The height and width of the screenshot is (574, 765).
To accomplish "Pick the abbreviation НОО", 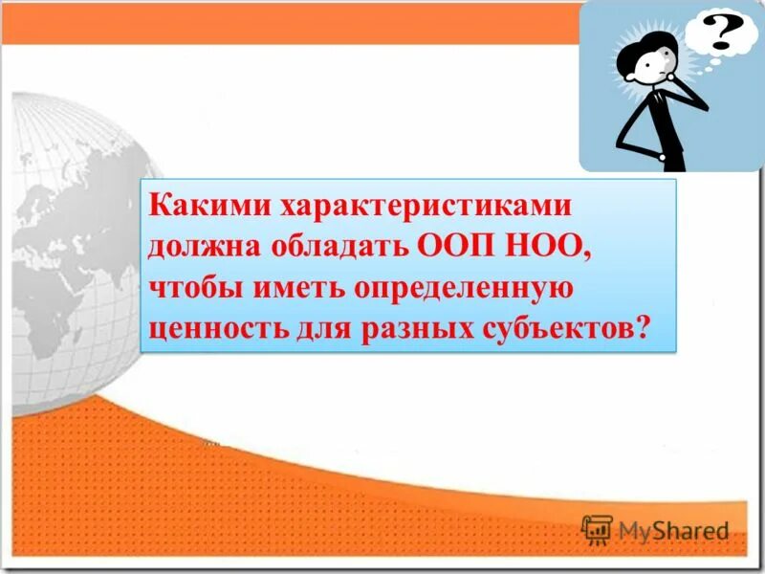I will [544, 247].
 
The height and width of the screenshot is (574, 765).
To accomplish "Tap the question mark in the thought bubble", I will [726, 34].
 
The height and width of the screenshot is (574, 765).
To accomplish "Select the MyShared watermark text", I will [673, 530].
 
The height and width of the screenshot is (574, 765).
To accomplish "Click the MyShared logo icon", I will [597, 529].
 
